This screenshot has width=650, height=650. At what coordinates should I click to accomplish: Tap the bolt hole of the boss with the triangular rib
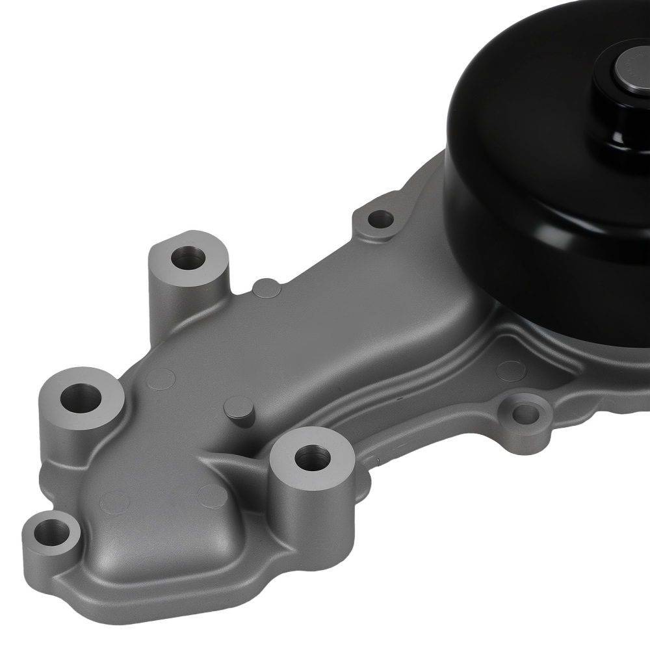point(311,457)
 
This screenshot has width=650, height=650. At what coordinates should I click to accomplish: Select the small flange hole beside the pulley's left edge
point(380,219)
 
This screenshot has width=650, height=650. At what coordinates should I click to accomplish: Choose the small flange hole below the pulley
point(525,412)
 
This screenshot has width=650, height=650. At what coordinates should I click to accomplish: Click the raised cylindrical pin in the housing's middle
point(238,409)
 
